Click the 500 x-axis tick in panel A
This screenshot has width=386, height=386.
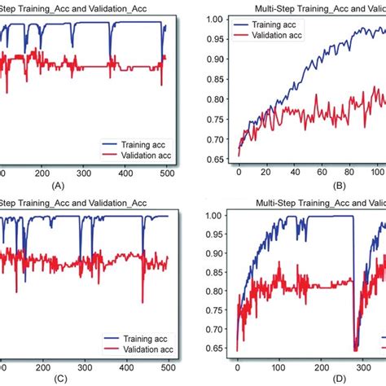tap(166, 173)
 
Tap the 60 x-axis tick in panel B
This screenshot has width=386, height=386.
tap(322, 173)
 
